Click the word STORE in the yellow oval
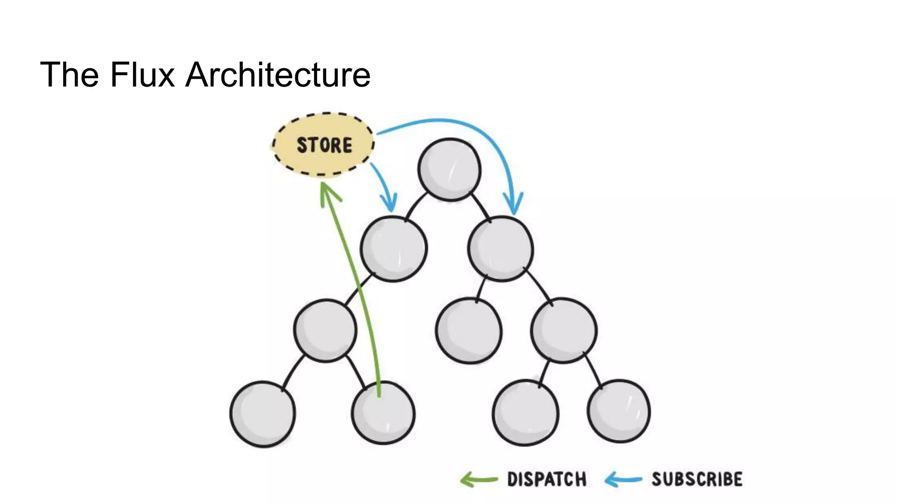(x=324, y=145)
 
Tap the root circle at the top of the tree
(x=449, y=170)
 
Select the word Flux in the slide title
(x=142, y=75)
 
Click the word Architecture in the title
(x=278, y=75)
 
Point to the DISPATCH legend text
(x=547, y=479)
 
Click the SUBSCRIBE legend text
(x=697, y=479)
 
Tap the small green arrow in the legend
(x=478, y=479)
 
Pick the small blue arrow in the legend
(x=622, y=479)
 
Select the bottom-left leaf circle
(x=263, y=414)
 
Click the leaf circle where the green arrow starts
(x=383, y=413)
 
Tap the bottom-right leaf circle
(x=618, y=411)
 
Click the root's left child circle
(x=393, y=248)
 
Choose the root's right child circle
(x=501, y=248)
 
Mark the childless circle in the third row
(x=469, y=331)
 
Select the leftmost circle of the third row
(x=325, y=331)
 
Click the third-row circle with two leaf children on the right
(x=564, y=330)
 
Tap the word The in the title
(x=69, y=75)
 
